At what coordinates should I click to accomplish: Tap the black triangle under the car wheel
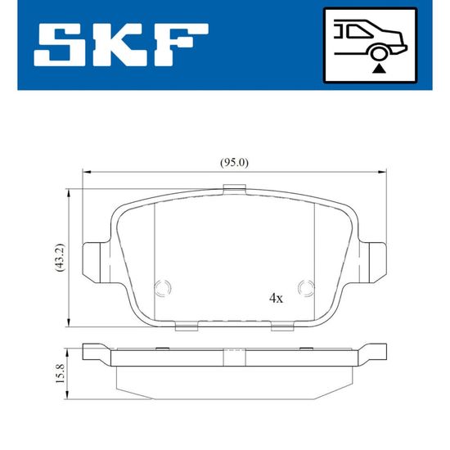point(379,69)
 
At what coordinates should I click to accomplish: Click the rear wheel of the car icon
point(379,53)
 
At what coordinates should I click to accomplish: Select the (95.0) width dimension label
point(234,163)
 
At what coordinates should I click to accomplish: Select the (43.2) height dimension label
point(61,258)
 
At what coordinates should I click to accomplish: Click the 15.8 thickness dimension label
point(61,373)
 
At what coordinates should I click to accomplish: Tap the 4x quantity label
point(276,299)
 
